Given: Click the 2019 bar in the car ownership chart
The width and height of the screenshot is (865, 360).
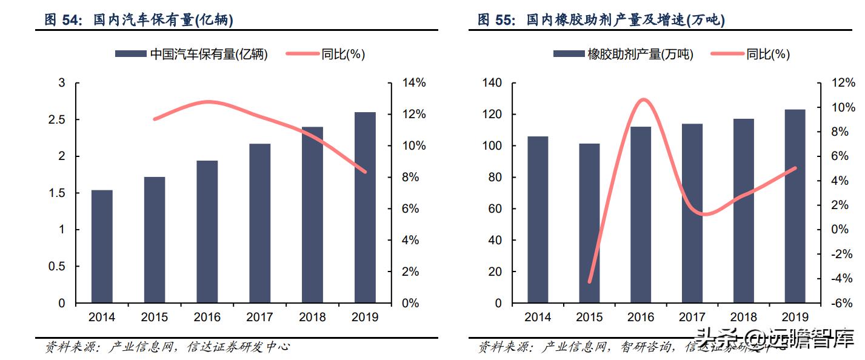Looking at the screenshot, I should tap(365, 207).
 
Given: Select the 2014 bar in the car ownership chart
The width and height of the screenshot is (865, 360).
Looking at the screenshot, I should tap(102, 246).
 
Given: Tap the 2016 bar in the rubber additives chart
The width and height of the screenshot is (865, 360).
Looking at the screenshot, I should tap(640, 215).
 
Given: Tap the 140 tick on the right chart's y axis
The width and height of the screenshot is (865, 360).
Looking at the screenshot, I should tap(492, 83).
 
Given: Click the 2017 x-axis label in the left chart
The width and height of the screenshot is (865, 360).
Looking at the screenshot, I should tap(259, 317).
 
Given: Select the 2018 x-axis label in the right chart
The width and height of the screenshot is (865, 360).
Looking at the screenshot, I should tap(743, 317).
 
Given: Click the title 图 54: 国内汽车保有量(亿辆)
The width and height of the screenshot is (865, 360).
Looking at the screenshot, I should tap(139, 20).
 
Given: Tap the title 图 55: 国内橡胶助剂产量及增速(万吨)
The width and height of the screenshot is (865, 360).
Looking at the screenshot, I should tap(601, 20).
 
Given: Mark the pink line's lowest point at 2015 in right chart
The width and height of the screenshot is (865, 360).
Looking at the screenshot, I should tap(589, 282).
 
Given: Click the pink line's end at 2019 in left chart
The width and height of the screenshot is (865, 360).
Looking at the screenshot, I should tap(365, 172).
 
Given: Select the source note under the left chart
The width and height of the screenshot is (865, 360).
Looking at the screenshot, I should tap(168, 347).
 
